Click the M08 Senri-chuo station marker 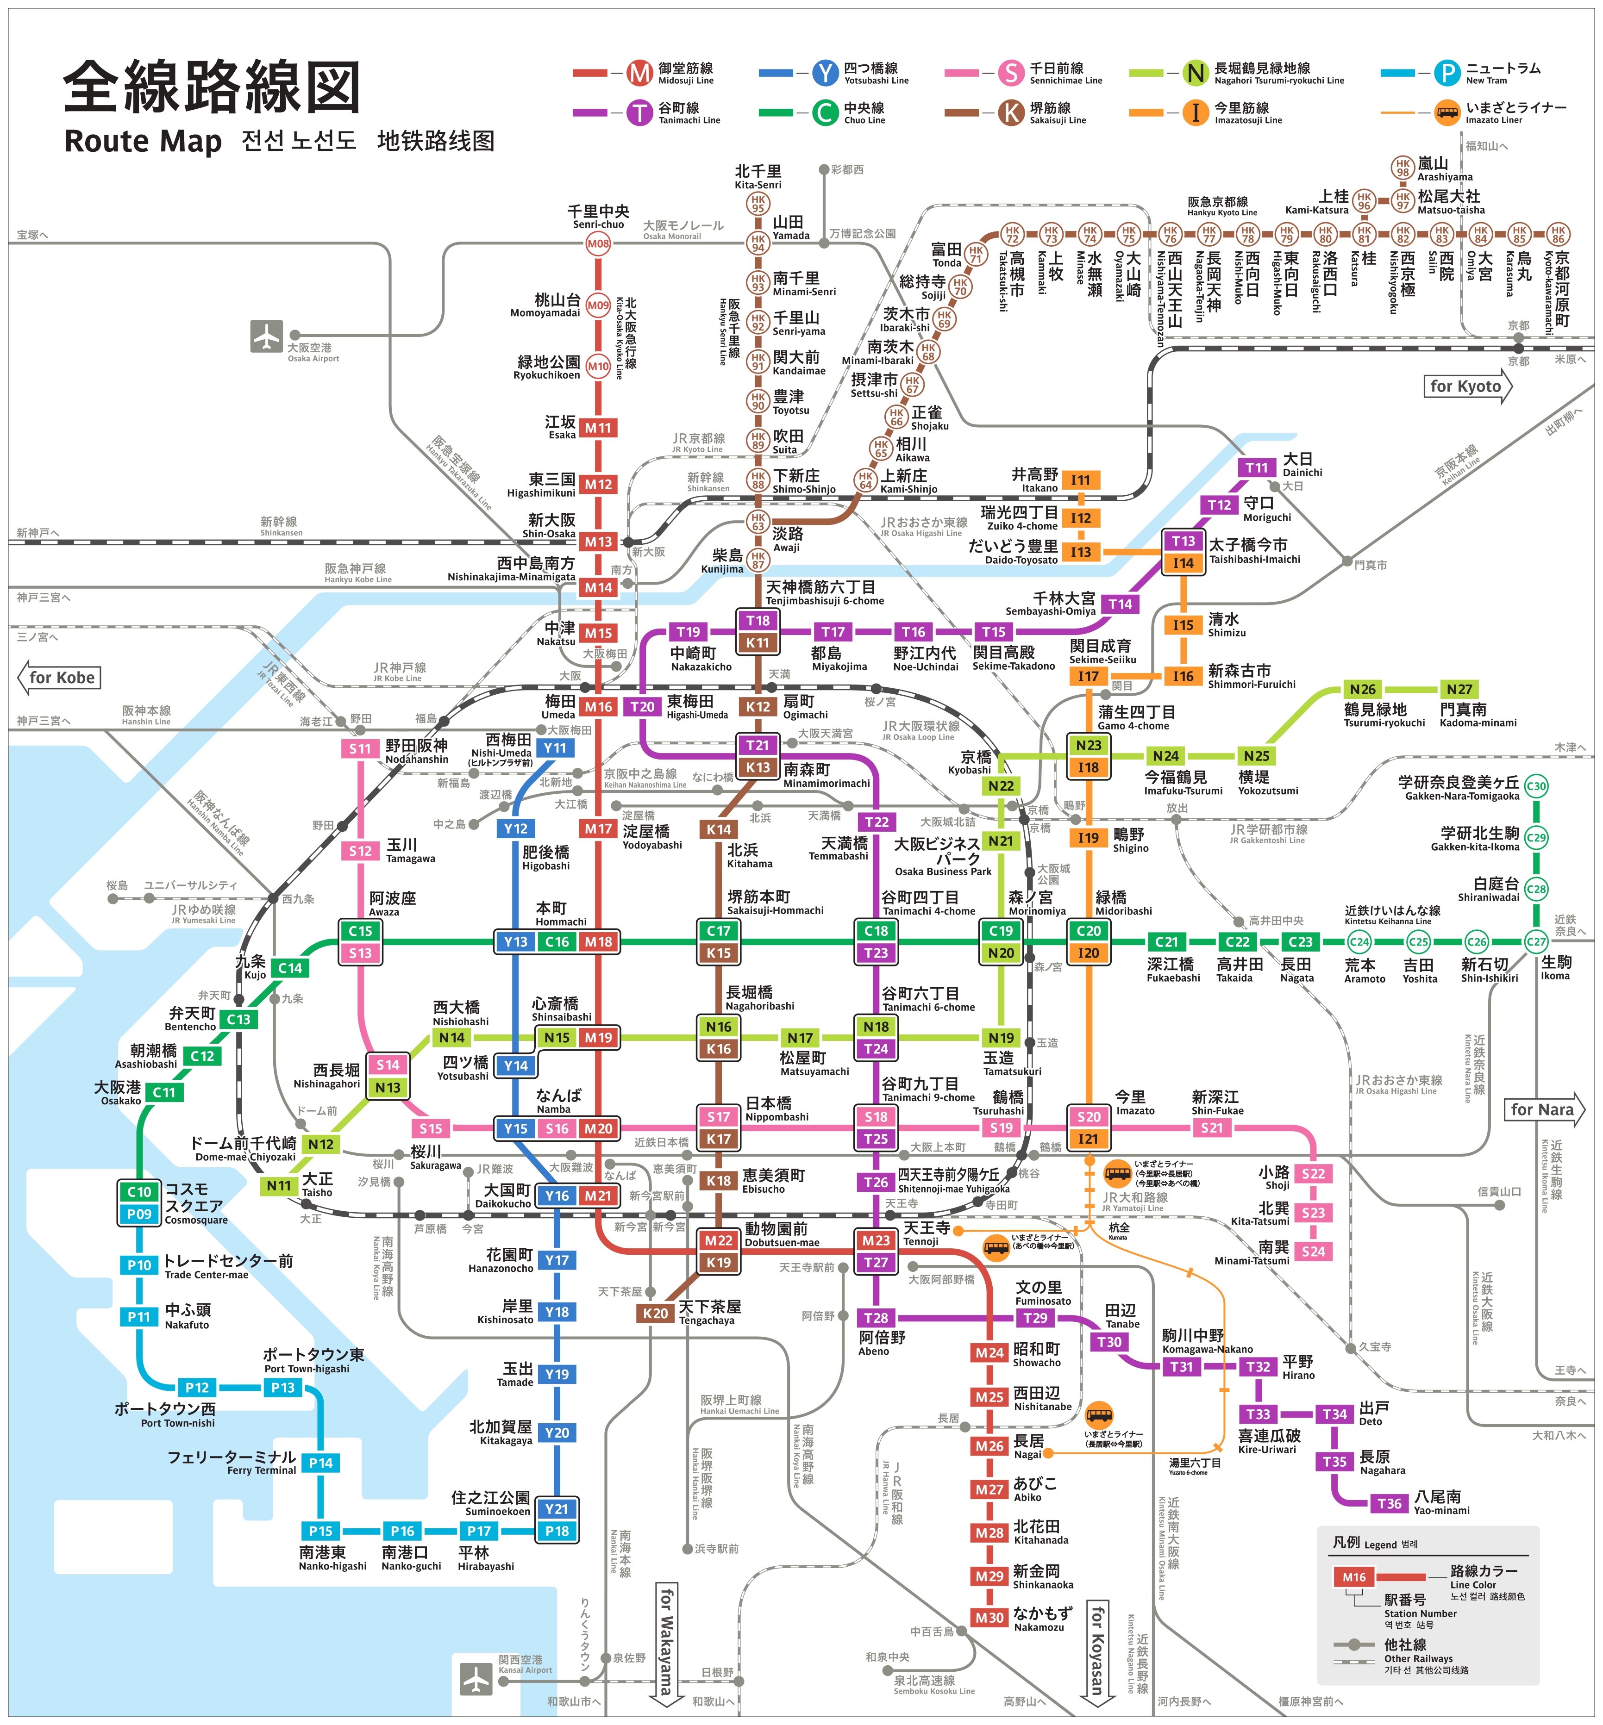pos(598,244)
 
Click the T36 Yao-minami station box pos(1389,1503)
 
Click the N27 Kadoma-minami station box pos(1459,690)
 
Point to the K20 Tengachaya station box pos(655,1313)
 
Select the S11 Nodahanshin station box pos(360,748)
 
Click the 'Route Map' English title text pos(143,141)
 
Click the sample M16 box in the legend pos(1354,1577)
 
